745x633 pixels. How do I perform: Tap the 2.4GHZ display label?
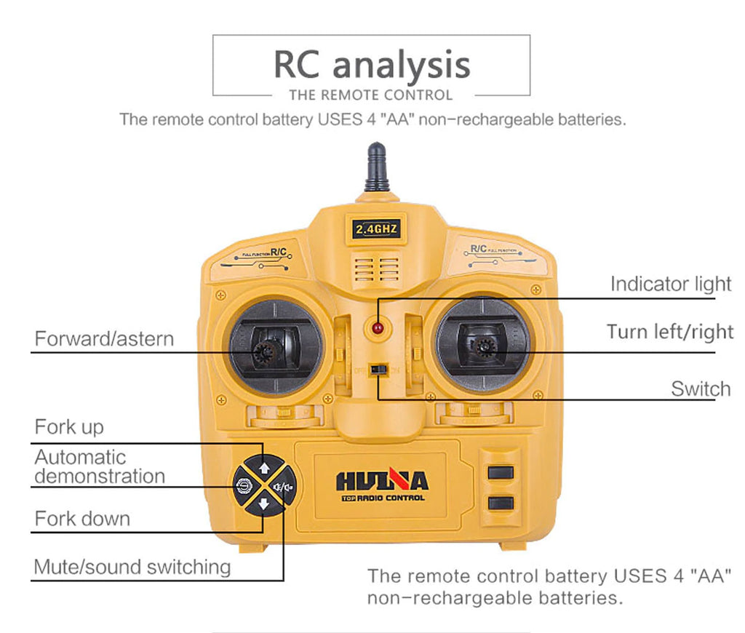[376, 229]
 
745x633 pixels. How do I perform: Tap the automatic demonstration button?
[244, 485]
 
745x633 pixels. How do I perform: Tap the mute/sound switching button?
[284, 485]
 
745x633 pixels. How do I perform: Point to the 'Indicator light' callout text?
[670, 284]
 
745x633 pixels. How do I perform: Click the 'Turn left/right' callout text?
[669, 332]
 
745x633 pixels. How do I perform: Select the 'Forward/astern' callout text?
[104, 338]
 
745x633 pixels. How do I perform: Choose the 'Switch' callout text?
[701, 389]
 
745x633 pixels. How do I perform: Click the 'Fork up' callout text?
[69, 426]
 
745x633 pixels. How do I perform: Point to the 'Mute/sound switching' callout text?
[132, 566]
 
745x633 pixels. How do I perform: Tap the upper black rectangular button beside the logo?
[501, 472]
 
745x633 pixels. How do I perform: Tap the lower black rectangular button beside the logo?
[501, 503]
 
